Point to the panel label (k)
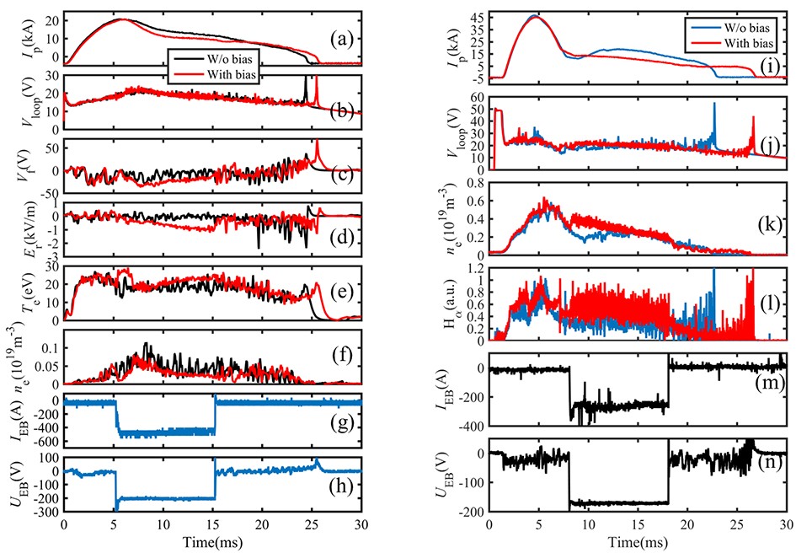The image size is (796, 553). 768,226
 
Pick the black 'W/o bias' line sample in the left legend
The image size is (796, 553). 184,58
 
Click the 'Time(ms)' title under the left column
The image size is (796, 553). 212,540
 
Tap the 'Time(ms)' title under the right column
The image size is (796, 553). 637,540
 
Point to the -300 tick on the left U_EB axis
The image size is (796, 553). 47,512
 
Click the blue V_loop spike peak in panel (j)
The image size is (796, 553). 714,104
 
